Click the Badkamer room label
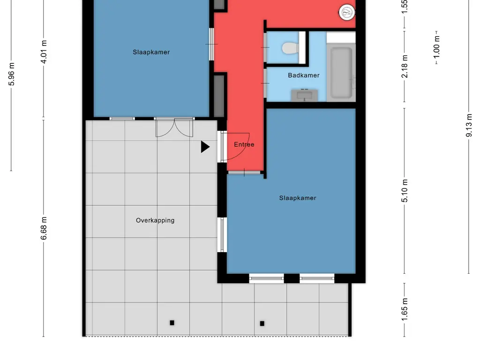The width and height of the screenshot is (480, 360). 304,75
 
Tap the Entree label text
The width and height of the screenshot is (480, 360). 244,144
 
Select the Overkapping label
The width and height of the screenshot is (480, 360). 155,220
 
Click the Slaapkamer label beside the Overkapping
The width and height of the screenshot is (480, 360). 298,198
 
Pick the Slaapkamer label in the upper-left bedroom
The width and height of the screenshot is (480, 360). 151,52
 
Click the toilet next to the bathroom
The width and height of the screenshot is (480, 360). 290,48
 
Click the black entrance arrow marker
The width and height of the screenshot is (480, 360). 205,147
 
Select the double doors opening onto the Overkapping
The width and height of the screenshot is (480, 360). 174,127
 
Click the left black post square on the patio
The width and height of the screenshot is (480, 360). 172,322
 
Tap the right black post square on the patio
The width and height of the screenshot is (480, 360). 262,323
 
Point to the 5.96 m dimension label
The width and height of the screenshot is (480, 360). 12,74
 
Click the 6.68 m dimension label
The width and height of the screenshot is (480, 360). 45,228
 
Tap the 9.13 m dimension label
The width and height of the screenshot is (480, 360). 469,125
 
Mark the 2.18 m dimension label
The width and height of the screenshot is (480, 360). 405,66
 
